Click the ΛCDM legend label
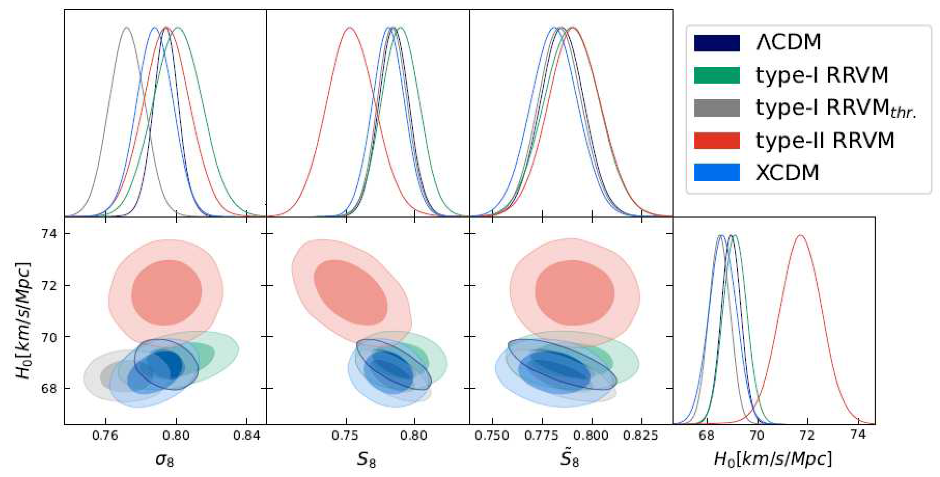[x=788, y=42]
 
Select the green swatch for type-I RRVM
[x=717, y=75]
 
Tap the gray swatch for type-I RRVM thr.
[x=717, y=108]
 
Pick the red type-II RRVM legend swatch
[x=717, y=141]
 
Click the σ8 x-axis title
[x=165, y=459]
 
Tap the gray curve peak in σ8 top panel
[x=127, y=28]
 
